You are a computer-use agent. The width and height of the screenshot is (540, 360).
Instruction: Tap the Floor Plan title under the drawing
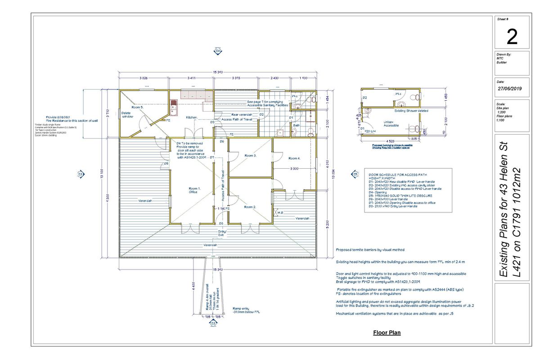(387, 333)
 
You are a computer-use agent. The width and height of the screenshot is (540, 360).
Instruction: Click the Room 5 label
(137, 108)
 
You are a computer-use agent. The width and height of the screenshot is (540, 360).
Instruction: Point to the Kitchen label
(192, 117)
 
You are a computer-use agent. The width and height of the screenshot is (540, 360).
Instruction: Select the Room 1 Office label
(193, 190)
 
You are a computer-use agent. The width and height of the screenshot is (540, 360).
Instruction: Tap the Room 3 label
(250, 156)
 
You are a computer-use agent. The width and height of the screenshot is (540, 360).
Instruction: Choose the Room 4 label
(294, 158)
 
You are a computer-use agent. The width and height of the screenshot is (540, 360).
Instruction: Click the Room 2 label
(250, 207)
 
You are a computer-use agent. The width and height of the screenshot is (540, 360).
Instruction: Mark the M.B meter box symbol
(279, 212)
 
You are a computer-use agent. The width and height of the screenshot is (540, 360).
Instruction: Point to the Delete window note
(128, 115)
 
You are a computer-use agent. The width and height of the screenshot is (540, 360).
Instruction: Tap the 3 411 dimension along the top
(190, 78)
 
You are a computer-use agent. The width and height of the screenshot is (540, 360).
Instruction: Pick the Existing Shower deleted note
(411, 110)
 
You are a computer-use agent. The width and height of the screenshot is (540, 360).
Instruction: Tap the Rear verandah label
(242, 115)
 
